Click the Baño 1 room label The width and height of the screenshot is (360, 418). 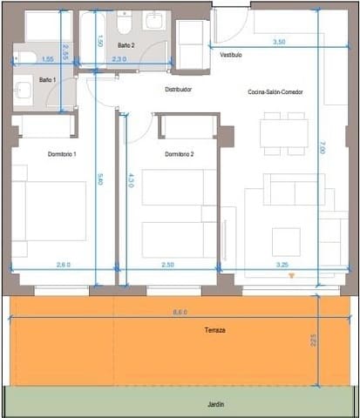[47, 79]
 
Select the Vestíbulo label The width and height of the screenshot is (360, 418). [231, 54]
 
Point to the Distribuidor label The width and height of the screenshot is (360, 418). [178, 89]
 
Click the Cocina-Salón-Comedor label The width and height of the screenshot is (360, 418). [275, 91]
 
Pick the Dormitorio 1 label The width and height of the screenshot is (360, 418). [63, 154]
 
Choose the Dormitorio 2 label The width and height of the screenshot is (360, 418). [179, 154]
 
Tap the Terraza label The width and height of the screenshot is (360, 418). [215, 331]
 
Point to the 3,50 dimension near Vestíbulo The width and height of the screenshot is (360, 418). [279, 41]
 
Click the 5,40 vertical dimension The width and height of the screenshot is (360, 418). [101, 180]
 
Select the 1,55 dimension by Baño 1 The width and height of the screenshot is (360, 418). [47, 58]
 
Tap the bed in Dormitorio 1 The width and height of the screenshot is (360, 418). [50, 211]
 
